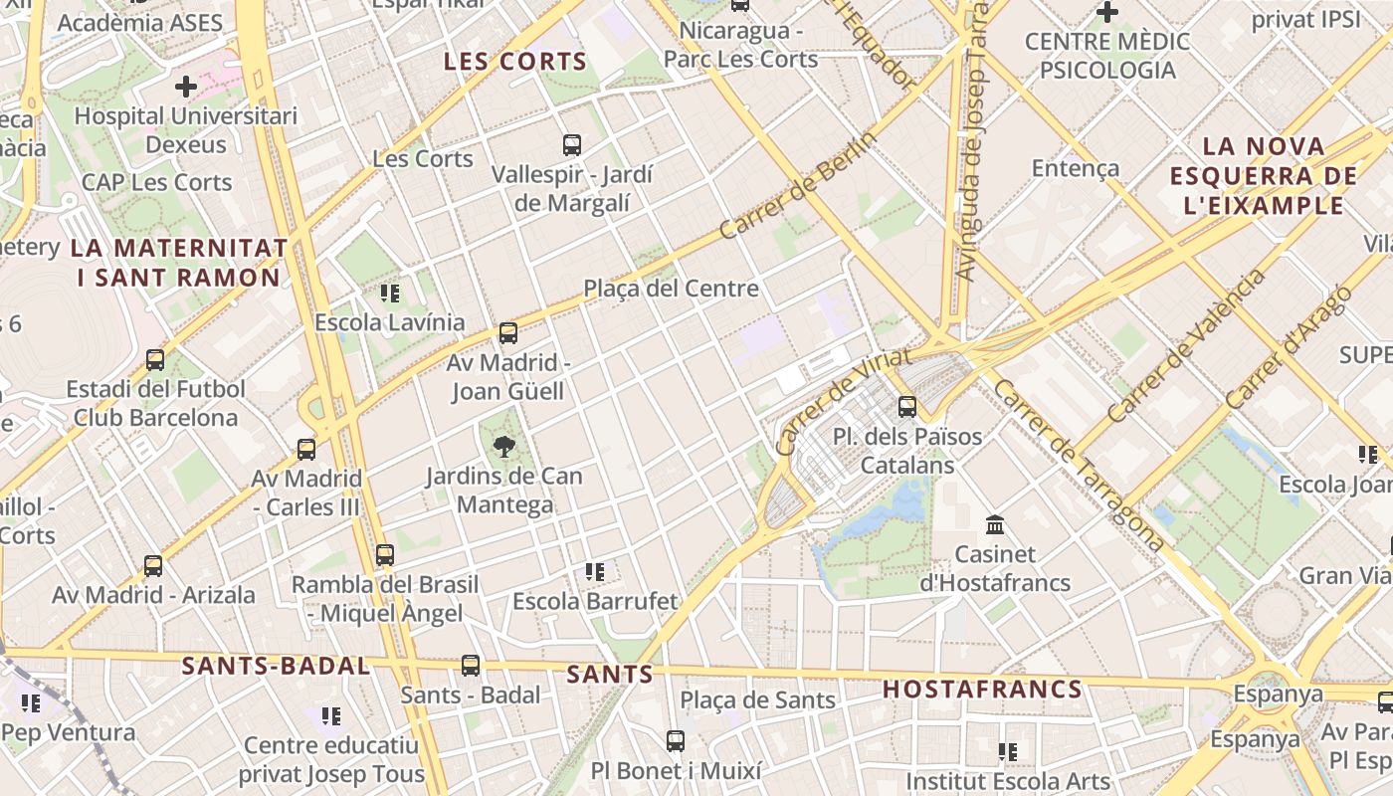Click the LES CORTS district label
(514, 61)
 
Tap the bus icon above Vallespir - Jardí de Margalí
(572, 145)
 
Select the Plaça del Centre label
(671, 289)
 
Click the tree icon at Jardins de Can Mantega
(504, 446)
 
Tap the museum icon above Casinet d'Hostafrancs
(994, 524)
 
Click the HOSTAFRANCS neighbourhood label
(982, 689)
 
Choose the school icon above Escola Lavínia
(390, 294)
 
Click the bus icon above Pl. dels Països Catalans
(906, 406)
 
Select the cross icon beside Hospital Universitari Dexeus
(186, 87)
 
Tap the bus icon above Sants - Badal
(471, 665)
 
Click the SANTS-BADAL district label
(276, 666)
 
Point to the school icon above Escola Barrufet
(595, 572)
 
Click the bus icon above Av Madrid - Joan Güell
(508, 333)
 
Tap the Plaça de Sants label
(758, 700)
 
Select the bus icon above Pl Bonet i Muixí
(676, 740)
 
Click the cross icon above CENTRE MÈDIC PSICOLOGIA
(1106, 13)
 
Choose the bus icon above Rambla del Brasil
(385, 554)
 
